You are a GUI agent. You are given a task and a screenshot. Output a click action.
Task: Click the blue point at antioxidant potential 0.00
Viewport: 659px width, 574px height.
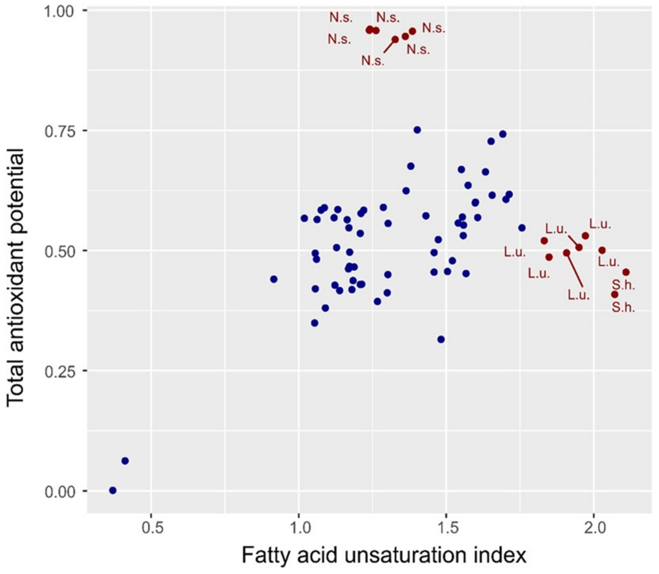tap(113, 490)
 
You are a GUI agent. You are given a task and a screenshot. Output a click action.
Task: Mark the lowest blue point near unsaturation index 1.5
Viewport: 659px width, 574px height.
tap(441, 339)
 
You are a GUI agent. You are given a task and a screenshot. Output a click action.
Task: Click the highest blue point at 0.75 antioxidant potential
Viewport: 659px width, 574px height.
tap(417, 130)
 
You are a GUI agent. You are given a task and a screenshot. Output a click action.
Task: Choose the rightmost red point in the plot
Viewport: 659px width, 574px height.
tap(626, 272)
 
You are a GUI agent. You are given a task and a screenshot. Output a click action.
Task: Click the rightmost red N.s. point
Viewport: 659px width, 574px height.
tap(412, 31)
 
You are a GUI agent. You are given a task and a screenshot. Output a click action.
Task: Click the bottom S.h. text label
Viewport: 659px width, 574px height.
tap(623, 308)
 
